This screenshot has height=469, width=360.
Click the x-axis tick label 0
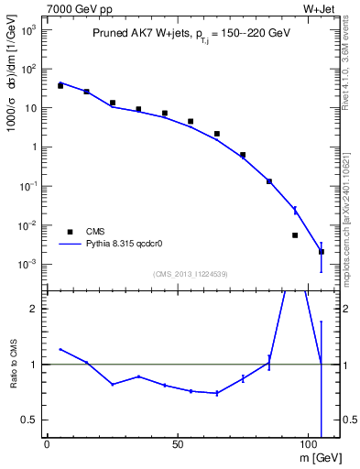(48, 443)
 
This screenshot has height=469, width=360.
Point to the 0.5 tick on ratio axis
(30, 420)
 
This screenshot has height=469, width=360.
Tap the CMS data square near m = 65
(217, 134)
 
